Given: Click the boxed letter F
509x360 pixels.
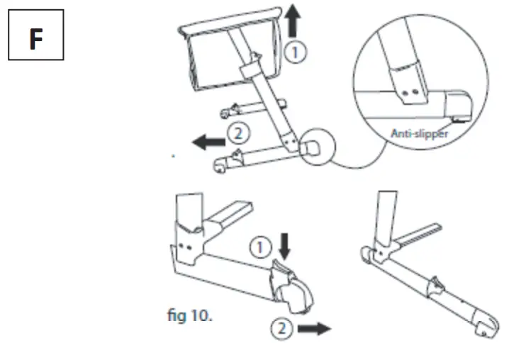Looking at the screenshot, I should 35,40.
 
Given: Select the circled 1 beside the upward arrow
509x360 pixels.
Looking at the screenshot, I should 296,50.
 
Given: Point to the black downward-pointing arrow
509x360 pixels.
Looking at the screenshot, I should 284,247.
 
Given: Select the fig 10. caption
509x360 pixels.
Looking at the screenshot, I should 189,315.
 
